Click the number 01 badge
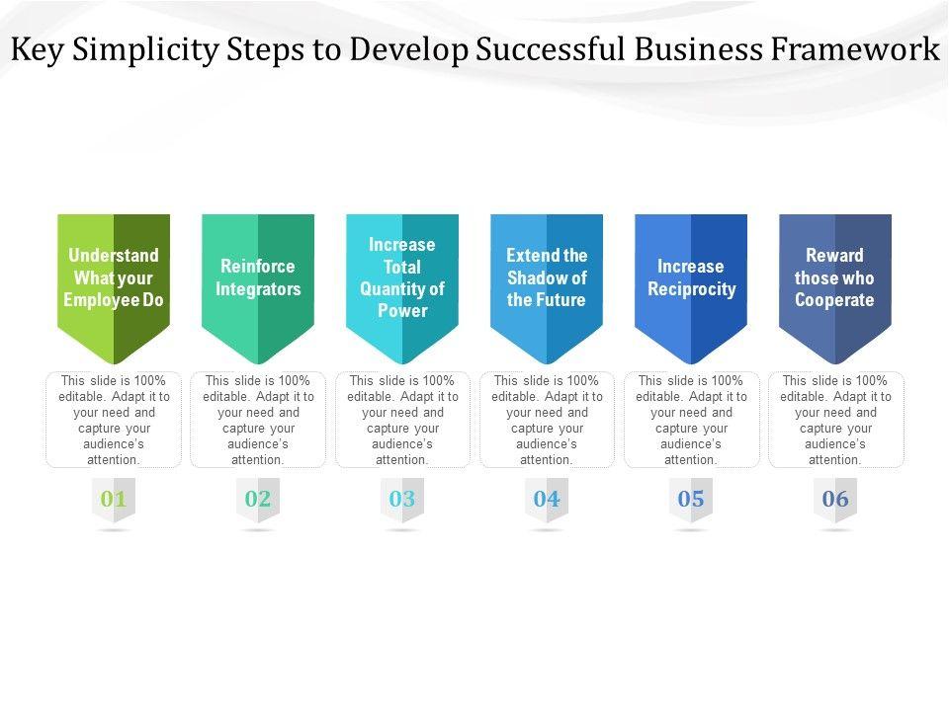point(114,500)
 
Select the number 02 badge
point(258,500)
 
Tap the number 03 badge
point(402,500)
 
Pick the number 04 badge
point(547,500)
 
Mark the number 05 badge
point(691,500)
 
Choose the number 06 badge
point(835,500)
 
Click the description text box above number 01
point(114,420)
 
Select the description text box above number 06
point(835,420)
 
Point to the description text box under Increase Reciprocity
point(691,420)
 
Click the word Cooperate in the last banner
point(835,300)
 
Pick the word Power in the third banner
point(402,311)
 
